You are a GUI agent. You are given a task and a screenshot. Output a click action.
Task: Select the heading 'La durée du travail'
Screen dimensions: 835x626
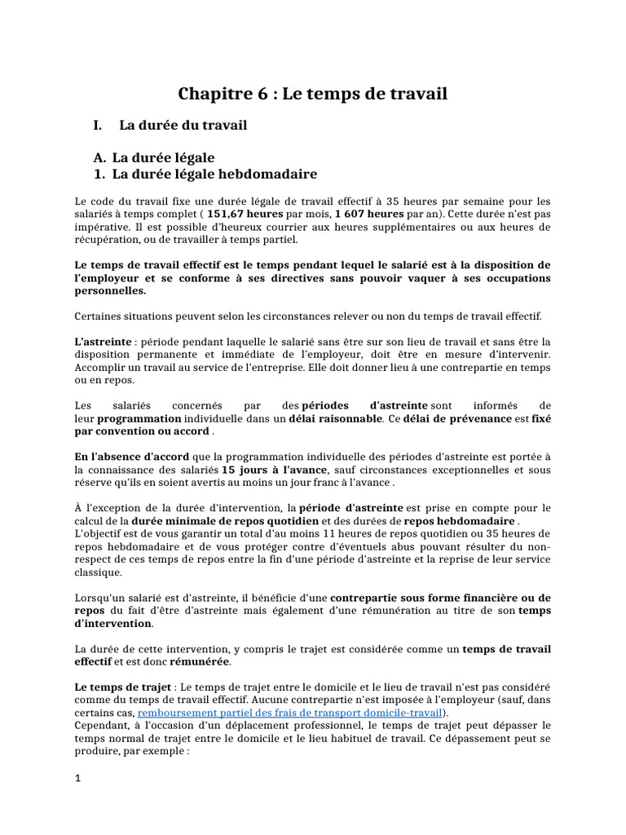click(183, 126)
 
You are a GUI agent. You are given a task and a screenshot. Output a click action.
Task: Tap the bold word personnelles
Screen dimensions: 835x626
click(110, 290)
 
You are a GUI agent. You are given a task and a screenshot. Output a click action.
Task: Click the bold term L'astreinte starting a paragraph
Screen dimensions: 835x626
click(103, 342)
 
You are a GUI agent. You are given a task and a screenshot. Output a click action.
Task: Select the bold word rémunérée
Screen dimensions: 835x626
click(200, 661)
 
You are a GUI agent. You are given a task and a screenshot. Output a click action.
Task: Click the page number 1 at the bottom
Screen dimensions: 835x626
click(77, 778)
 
